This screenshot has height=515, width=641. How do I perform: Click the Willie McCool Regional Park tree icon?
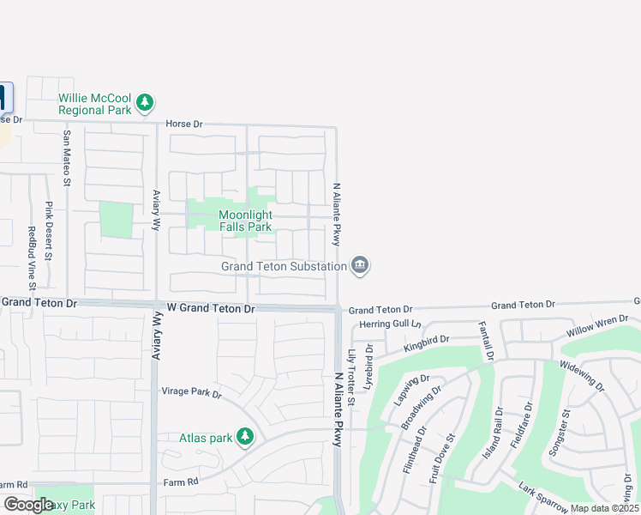click(145, 103)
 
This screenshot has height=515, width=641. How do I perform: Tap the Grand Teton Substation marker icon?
click(360, 266)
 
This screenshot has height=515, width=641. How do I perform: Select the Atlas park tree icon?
click(245, 437)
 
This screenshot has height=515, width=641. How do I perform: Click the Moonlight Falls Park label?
click(245, 221)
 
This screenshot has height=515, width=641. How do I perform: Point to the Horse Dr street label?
click(184, 124)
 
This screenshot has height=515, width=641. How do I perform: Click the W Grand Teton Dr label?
click(211, 308)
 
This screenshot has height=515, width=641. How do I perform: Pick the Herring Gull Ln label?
click(391, 324)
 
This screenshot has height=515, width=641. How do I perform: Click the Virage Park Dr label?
click(191, 394)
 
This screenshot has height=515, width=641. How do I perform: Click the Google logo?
click(28, 505)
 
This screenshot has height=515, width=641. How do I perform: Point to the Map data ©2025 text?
click(604, 508)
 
